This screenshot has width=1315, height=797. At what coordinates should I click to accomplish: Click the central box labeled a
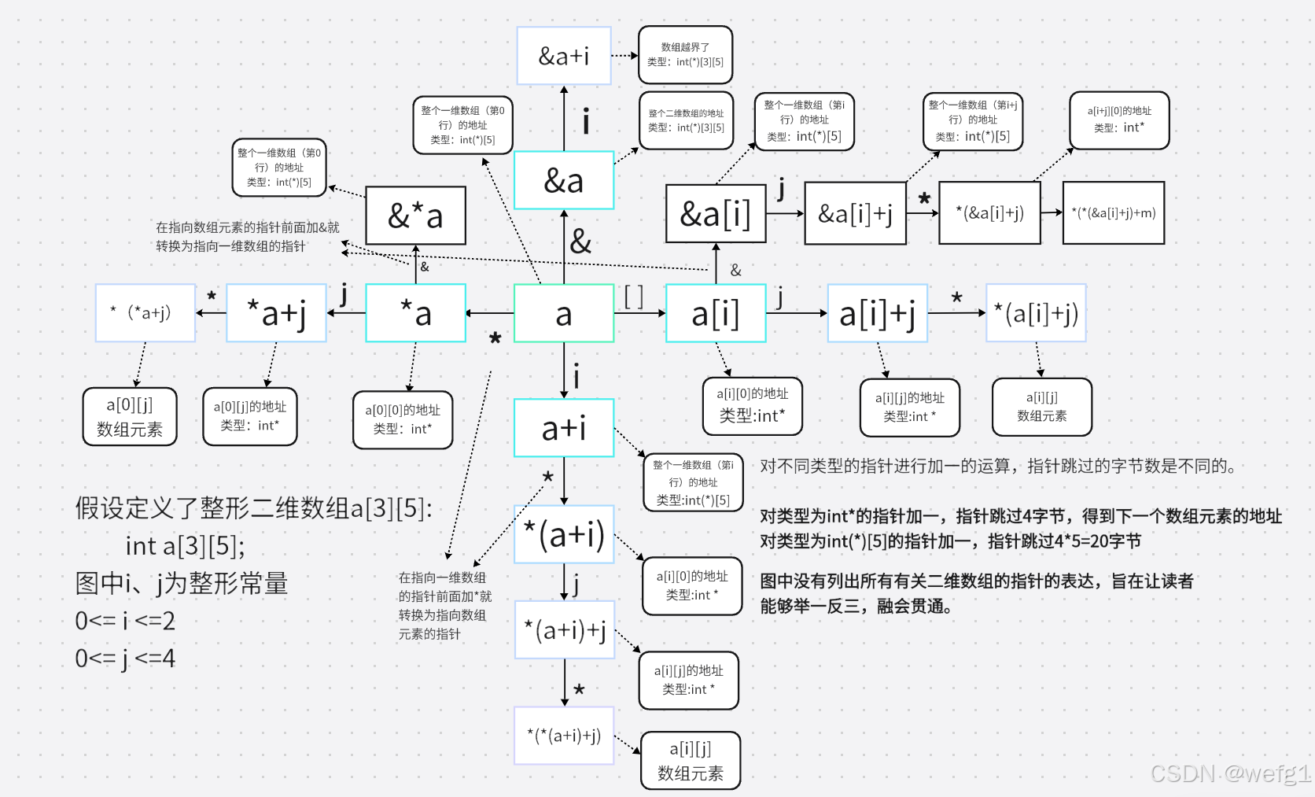click(x=563, y=313)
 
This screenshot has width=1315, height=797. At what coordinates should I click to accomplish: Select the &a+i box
click(x=563, y=56)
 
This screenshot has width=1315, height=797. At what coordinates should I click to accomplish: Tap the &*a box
click(x=415, y=216)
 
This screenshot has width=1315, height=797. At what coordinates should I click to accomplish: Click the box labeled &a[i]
click(x=715, y=213)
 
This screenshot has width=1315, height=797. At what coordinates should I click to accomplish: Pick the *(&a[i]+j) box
click(x=989, y=212)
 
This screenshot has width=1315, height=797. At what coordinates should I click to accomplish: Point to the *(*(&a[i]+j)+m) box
click(x=1113, y=212)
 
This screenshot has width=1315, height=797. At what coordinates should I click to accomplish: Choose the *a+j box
click(x=276, y=313)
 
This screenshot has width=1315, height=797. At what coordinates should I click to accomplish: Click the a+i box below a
click(x=563, y=428)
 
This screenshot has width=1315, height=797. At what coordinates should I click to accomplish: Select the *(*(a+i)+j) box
click(x=563, y=736)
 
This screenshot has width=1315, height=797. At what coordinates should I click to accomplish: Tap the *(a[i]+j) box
click(x=1036, y=313)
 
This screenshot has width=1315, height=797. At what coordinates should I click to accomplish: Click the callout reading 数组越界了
click(x=685, y=54)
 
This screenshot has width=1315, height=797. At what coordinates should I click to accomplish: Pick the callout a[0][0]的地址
click(x=403, y=420)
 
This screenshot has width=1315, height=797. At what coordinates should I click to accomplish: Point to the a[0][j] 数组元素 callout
click(x=130, y=417)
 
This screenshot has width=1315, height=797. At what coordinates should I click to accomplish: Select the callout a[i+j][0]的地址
click(x=1118, y=120)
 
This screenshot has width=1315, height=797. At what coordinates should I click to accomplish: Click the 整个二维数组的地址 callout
click(x=686, y=120)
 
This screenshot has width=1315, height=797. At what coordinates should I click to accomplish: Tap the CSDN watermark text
click(x=1230, y=773)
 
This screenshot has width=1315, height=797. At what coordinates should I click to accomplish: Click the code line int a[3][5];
click(x=186, y=546)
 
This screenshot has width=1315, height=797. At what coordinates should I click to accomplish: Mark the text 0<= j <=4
click(x=125, y=659)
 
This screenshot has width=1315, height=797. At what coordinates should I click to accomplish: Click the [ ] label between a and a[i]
click(x=634, y=297)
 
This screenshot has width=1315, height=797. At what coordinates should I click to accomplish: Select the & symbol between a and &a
click(x=580, y=241)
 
